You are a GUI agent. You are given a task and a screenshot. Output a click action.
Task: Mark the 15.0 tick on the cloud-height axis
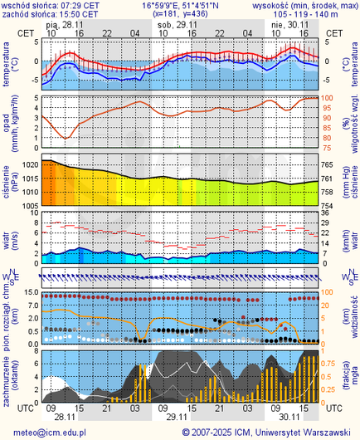[x=29, y=293]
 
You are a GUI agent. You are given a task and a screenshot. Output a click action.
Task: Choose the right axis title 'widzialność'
[x=353, y=320]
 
